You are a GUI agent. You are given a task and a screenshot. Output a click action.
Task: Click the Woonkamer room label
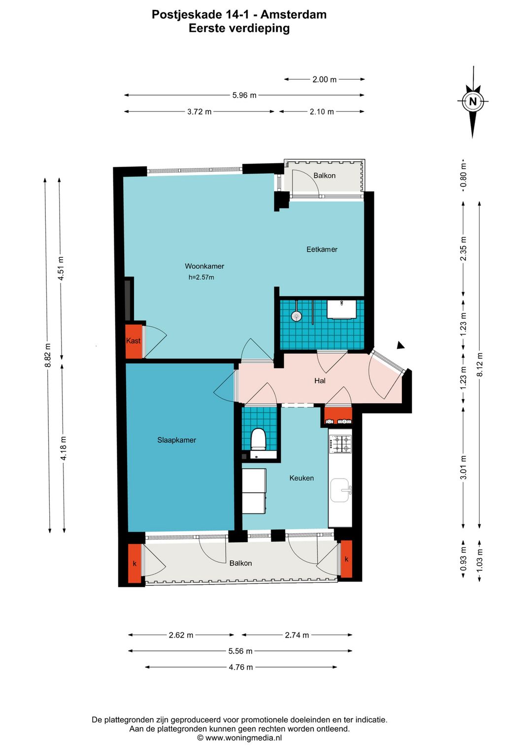click(x=204, y=266)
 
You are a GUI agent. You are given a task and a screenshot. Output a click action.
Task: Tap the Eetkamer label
click(x=322, y=249)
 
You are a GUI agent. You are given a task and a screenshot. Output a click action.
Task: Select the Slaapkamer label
click(x=176, y=440)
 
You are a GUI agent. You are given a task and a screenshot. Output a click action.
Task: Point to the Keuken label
click(x=301, y=478)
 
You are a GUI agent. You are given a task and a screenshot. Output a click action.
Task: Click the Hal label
click(x=320, y=381)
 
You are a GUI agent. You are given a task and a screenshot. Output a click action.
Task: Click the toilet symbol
click(x=259, y=439)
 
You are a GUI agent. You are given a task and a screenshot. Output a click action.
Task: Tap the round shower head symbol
click(x=297, y=315)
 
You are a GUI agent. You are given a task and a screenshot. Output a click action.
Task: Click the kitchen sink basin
click(x=340, y=490)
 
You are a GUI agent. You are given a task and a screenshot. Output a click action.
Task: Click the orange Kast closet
click(x=133, y=341)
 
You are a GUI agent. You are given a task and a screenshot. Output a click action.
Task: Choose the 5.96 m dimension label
click(x=244, y=95)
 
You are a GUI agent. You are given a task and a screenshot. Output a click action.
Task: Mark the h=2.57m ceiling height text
click(x=201, y=277)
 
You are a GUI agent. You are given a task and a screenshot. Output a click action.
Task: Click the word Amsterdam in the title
click(x=294, y=14)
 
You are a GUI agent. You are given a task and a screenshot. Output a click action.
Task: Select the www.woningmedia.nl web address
click(x=243, y=738)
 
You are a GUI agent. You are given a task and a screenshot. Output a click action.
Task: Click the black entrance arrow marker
click(x=400, y=345)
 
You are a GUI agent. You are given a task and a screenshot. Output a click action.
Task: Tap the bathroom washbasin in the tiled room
click(x=342, y=309)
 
